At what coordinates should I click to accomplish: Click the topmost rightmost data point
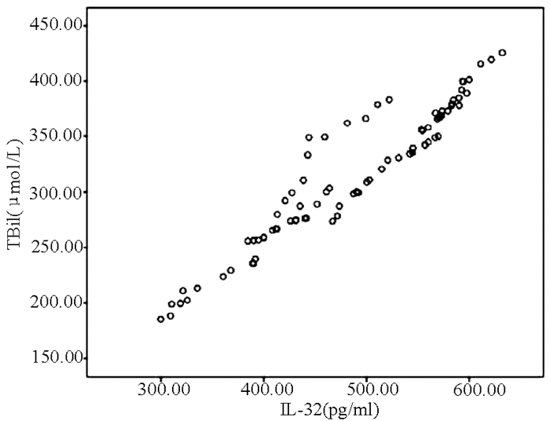(x=502, y=53)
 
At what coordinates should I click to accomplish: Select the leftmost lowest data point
(x=161, y=319)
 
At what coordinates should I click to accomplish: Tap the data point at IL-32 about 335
(x=197, y=288)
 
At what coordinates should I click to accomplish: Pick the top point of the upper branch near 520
(x=389, y=100)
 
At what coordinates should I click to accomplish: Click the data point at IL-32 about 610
(x=481, y=64)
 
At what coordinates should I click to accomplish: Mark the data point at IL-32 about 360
(x=223, y=276)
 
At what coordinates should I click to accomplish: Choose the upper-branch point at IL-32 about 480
(x=347, y=123)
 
